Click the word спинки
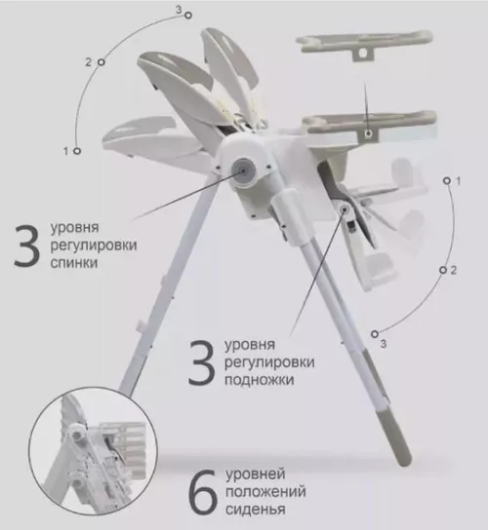coord(74,263)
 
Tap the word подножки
coord(259,380)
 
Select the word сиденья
coord(256,509)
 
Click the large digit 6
coord(202,492)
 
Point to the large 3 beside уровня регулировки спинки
coord(27,245)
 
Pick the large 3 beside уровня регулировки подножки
coord(202,362)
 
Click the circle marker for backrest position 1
coord(77,151)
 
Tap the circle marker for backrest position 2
coord(102,62)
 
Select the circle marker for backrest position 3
coord(188,16)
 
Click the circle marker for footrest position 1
coord(447,181)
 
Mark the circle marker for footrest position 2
coord(443,270)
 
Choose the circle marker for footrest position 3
coord(374,334)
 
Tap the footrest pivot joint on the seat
coord(345,209)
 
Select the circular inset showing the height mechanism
coord(93,452)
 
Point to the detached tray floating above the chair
coord(364,45)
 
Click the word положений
coord(265,491)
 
